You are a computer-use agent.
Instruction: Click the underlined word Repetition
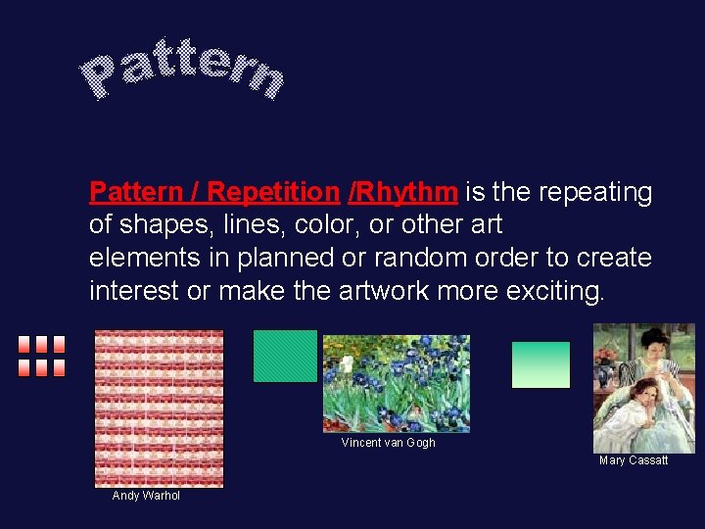[x=272, y=191]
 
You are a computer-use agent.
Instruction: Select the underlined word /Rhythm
[x=402, y=191]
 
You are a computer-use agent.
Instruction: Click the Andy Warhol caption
[x=146, y=496]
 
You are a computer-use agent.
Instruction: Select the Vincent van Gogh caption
[x=388, y=443]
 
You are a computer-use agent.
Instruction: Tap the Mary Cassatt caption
[x=634, y=460]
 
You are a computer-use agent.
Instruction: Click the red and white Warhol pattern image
[x=159, y=408]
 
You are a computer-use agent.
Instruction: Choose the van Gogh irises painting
[x=396, y=383]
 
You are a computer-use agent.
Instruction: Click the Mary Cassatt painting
[x=643, y=388]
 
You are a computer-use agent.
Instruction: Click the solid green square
[x=285, y=356]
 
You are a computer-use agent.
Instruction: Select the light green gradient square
[x=540, y=364]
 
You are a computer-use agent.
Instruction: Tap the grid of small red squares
[x=41, y=357]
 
